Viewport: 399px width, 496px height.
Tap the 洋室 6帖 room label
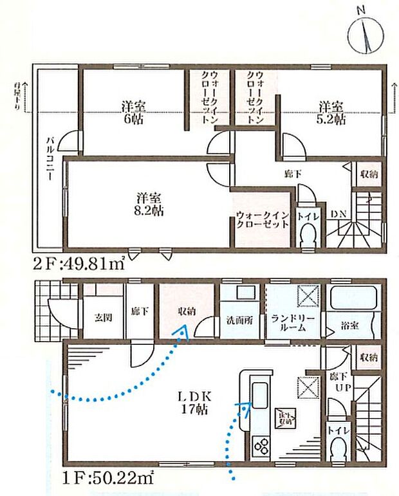(x=134, y=112)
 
